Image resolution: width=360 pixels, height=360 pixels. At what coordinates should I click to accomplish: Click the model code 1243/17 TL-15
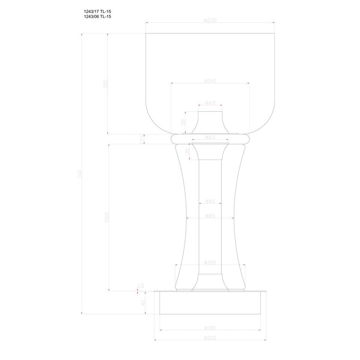point(97,12)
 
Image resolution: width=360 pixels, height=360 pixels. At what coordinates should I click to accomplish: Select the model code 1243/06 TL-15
point(97,17)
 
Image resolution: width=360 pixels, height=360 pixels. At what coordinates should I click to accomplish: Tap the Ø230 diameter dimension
point(210,20)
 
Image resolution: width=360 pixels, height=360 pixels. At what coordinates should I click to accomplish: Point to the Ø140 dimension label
point(210,81)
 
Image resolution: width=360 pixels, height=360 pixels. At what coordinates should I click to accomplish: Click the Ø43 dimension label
point(210,103)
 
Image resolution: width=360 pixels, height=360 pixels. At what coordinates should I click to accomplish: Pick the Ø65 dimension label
point(210,137)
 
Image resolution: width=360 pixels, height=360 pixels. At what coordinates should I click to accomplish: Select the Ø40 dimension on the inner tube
point(210,201)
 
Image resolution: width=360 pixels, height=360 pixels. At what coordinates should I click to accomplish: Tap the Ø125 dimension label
point(210,262)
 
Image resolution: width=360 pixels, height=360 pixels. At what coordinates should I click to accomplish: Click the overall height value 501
point(79,174)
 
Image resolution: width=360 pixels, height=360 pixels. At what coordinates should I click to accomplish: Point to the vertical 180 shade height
point(105,83)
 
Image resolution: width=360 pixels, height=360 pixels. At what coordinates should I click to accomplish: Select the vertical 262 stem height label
point(106,217)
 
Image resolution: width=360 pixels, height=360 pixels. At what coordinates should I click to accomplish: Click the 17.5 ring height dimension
point(142,139)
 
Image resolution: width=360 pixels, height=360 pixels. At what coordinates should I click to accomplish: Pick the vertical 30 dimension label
point(187,151)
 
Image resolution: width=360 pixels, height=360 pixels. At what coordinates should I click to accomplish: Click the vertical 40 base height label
point(143,303)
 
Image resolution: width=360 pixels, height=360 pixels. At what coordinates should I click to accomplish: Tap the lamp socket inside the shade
point(210,123)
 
